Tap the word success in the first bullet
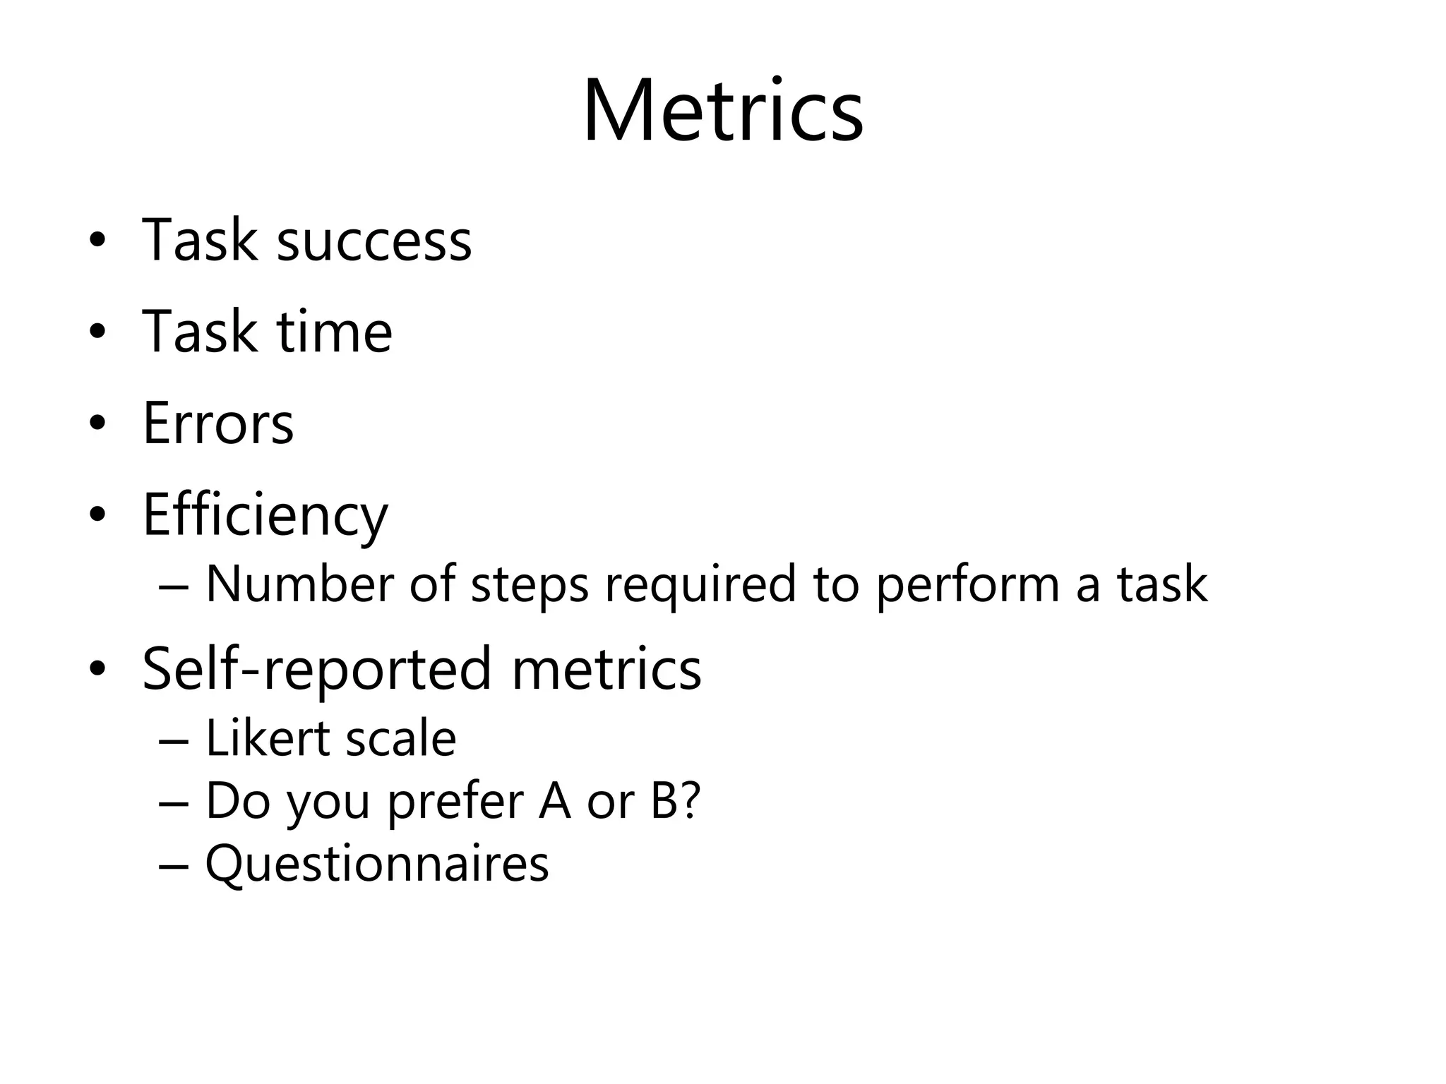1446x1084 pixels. (x=374, y=241)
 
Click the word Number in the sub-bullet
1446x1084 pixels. (x=299, y=584)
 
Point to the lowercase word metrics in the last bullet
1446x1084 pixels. (x=607, y=669)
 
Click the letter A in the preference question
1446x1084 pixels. (x=554, y=801)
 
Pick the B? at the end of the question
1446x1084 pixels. (x=675, y=801)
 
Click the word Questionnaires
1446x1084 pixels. (x=377, y=863)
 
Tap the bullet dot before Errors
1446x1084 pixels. (x=97, y=423)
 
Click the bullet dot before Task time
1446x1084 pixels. (x=97, y=332)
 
